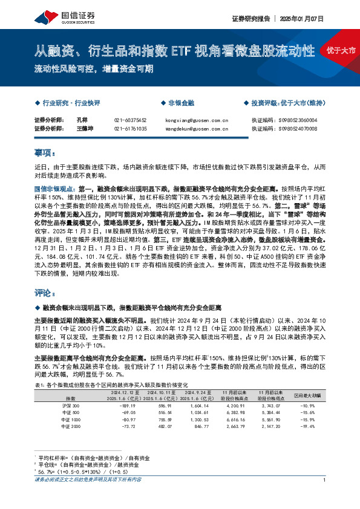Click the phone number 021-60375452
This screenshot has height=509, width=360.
click(130, 120)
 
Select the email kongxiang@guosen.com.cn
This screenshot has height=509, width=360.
click(196, 120)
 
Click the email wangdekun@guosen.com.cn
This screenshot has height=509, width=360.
click(196, 129)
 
